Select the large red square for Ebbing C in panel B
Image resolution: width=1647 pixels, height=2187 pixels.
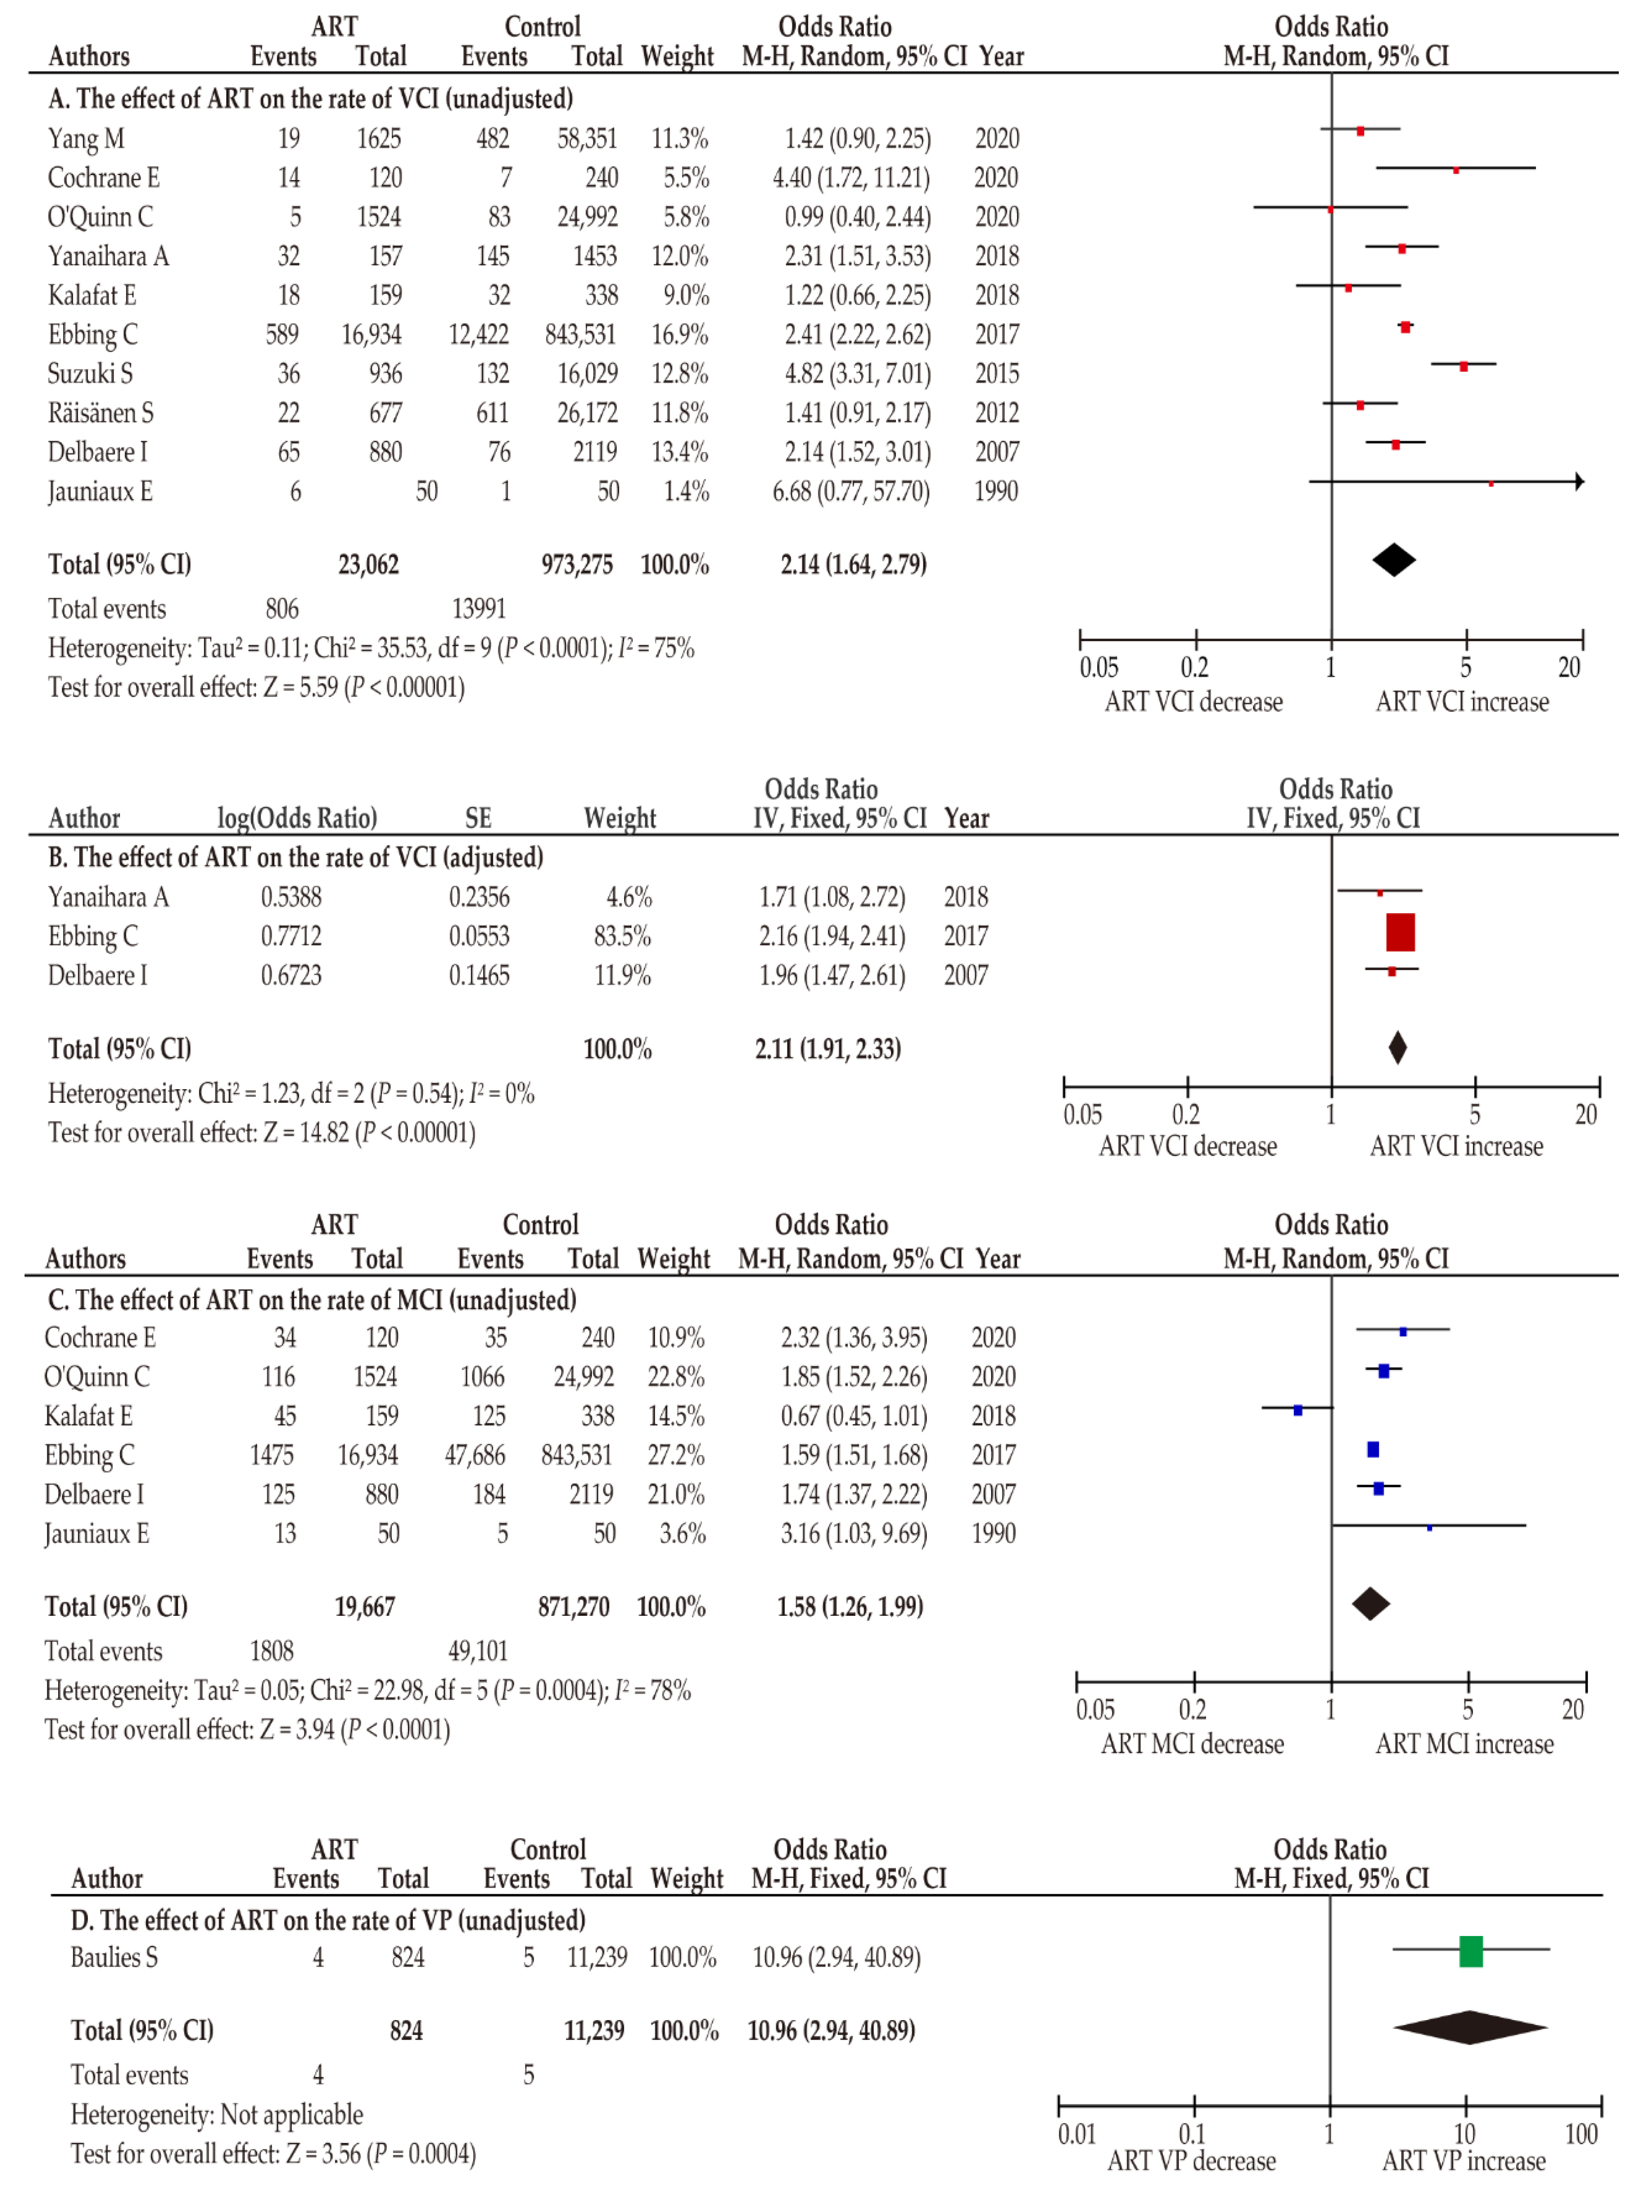tap(1400, 932)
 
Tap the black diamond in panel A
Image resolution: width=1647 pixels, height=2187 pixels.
tap(1394, 561)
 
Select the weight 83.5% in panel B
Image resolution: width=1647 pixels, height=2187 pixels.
tap(622, 936)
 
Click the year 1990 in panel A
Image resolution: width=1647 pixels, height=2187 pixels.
tap(996, 492)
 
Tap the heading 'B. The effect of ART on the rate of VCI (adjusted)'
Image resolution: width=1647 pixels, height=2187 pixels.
tap(295, 857)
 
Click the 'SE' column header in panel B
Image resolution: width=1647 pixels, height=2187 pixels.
tap(479, 819)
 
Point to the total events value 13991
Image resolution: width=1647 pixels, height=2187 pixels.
tap(479, 609)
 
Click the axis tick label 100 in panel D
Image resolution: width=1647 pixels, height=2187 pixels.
tap(1581, 2135)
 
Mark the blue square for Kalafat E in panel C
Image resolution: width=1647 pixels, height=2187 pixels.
tap(1298, 1410)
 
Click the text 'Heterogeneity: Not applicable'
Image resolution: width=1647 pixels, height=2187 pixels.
tap(216, 2115)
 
